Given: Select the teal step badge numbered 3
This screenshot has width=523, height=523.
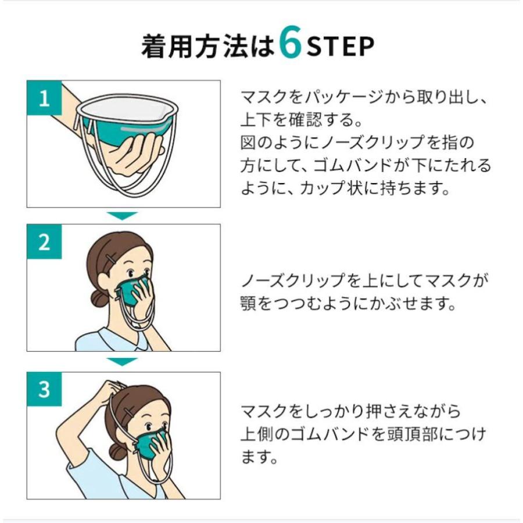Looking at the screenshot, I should tap(44, 389).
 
